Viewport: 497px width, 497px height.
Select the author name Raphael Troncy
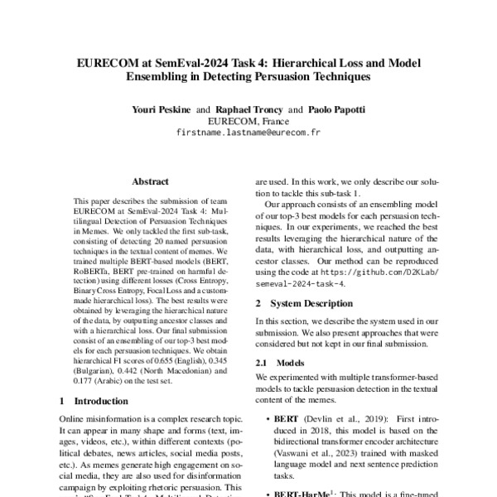pyautogui.click(x=248, y=109)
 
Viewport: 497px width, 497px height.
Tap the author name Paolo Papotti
pyautogui.click(x=337, y=109)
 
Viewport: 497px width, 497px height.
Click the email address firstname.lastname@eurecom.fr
pyautogui.click(x=248, y=133)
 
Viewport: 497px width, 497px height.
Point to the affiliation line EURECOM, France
pyautogui.click(x=248, y=121)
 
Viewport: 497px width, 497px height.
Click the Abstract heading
pyautogui.click(x=150, y=181)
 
